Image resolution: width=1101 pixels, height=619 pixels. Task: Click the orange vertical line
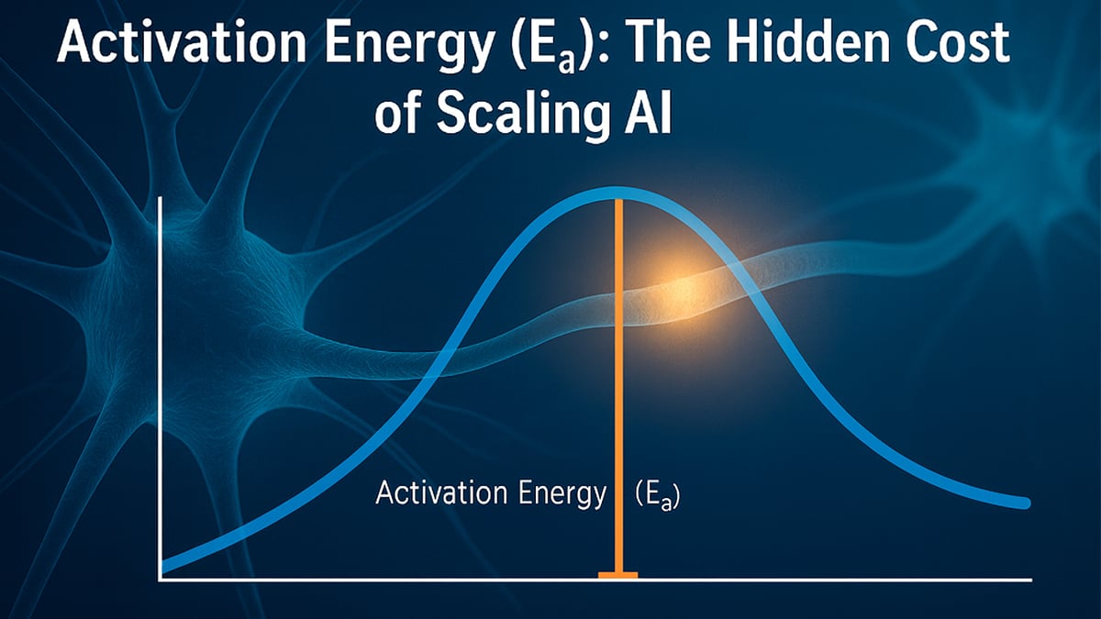point(619,367)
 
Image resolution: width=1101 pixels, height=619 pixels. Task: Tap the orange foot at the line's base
point(618,575)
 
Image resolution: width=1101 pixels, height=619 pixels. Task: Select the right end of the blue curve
point(1022,503)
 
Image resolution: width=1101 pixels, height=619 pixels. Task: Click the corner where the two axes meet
point(161,578)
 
